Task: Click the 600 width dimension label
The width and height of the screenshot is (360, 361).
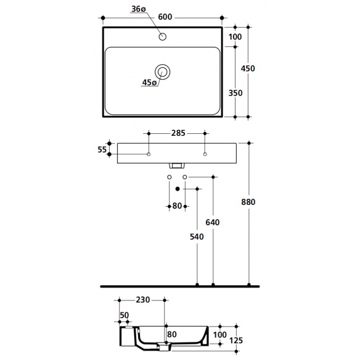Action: click(165, 17)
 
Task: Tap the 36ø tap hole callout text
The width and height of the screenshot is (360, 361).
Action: click(139, 9)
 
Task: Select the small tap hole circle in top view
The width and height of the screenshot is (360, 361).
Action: click(162, 36)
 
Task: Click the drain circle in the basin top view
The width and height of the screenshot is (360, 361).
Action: click(162, 72)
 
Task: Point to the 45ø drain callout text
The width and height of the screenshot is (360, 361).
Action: click(149, 82)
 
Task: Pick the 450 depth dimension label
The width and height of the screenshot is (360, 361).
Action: click(248, 68)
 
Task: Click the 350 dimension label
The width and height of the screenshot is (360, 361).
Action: click(235, 93)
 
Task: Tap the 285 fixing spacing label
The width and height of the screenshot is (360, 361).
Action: click(178, 133)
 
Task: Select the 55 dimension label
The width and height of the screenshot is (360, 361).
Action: click(102, 150)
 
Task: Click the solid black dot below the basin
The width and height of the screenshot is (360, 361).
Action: click(178, 189)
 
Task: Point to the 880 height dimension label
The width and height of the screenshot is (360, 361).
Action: click(248, 202)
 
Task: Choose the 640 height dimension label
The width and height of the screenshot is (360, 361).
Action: click(213, 222)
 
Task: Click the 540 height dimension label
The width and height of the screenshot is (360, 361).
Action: click(197, 237)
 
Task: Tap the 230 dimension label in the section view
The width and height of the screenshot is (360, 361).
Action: click(143, 300)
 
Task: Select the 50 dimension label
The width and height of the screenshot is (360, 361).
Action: click(125, 315)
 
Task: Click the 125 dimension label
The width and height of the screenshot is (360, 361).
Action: click(236, 340)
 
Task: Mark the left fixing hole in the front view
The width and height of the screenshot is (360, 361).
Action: click(149, 154)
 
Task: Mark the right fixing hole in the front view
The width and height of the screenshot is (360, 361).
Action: click(205, 154)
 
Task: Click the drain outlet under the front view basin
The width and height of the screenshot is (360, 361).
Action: click(177, 166)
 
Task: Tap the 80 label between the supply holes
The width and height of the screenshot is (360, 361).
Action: click(177, 205)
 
